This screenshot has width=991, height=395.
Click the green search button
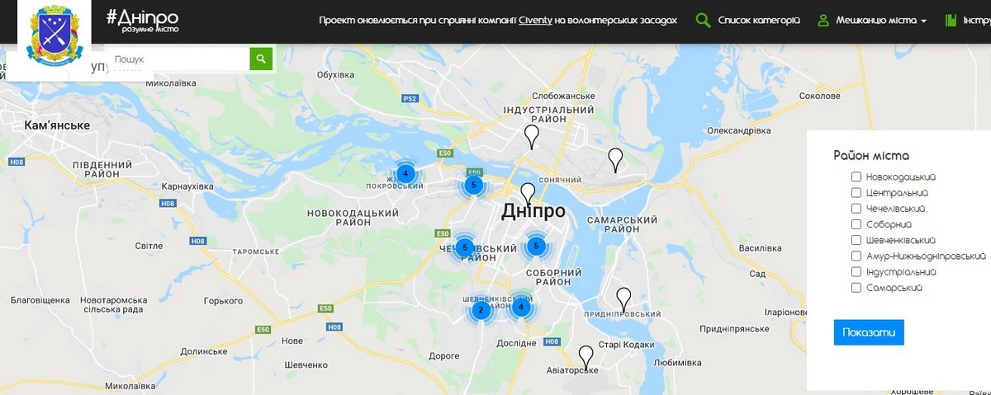[261, 59]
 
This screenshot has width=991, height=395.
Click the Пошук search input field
[178, 59]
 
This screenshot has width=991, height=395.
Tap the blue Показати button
[869, 332]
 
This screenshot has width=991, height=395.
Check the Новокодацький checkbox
[856, 177]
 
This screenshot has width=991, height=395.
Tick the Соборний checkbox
[856, 224]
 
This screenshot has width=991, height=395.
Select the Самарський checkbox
[856, 288]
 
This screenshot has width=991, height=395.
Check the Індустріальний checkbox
[856, 272]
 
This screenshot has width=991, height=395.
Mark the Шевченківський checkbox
[856, 240]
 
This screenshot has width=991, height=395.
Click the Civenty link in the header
[535, 20]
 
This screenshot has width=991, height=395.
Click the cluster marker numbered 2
[480, 311]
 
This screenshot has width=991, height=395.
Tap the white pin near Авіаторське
[586, 356]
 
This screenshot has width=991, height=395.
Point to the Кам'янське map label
[57, 125]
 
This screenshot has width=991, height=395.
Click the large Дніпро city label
[533, 211]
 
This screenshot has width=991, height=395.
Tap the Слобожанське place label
[564, 96]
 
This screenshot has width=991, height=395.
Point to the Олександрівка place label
[739, 131]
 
